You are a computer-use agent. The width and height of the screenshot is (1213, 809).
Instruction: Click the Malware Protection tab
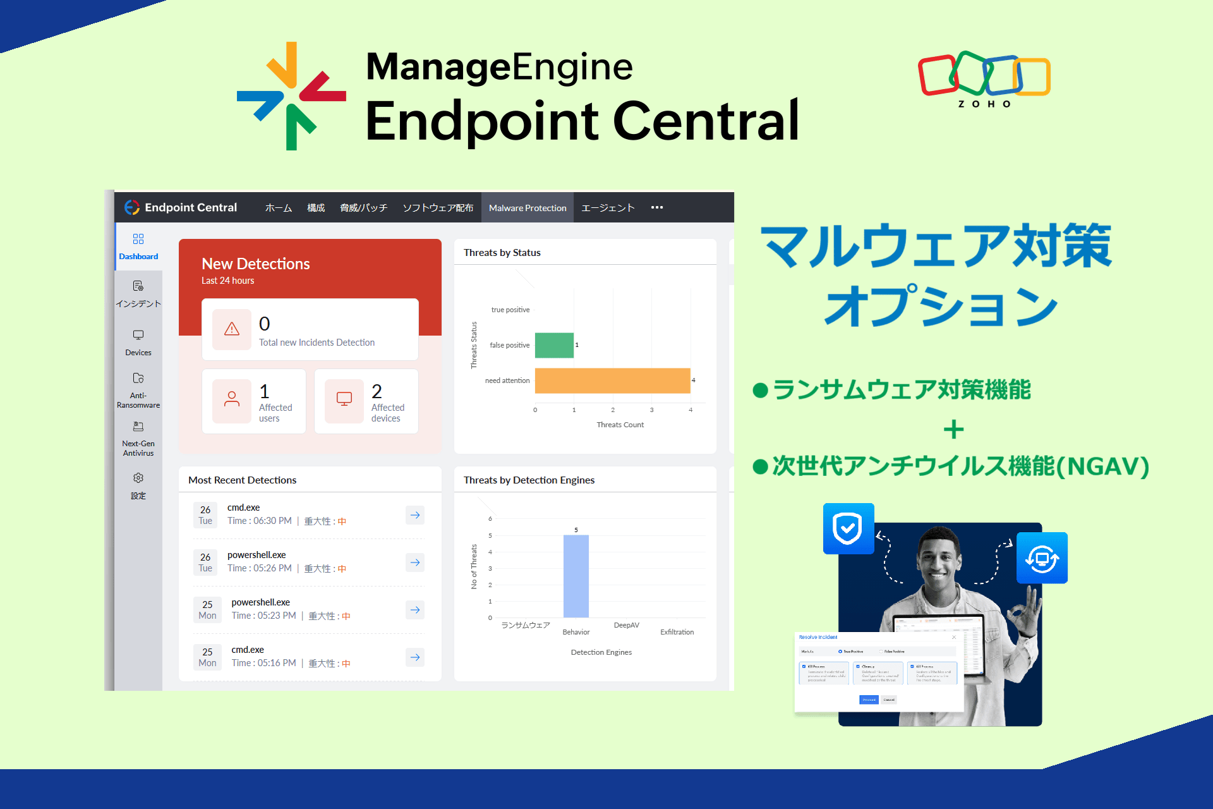[x=528, y=208]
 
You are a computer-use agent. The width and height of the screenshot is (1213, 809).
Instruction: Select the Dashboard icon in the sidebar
[x=138, y=239]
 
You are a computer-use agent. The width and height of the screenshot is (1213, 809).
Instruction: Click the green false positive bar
[x=554, y=345]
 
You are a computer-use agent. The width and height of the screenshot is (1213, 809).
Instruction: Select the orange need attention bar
[x=612, y=380]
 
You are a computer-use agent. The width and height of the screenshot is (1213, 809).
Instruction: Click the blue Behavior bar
[x=576, y=576]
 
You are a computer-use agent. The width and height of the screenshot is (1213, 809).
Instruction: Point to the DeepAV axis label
[x=626, y=625]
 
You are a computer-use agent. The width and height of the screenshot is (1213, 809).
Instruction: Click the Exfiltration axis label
[x=677, y=632]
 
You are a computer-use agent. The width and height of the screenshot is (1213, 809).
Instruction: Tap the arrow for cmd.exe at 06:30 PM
[x=415, y=515]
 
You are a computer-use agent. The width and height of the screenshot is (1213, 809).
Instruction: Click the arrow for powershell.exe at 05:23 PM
[x=415, y=610]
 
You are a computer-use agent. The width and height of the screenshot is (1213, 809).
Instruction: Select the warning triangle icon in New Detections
[x=232, y=329]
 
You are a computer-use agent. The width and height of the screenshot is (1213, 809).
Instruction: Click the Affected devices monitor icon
[x=344, y=399]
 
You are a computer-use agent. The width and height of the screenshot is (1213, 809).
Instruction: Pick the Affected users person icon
[x=232, y=399]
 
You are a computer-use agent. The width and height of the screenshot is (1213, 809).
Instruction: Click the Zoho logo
[x=984, y=79]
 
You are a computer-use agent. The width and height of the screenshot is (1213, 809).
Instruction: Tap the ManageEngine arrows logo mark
[x=291, y=96]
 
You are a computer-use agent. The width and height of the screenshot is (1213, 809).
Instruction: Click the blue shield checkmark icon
[x=848, y=528]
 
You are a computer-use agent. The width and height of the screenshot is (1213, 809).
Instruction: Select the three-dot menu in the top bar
[x=657, y=207]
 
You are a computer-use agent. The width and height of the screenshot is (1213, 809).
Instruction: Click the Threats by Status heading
[x=502, y=253]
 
